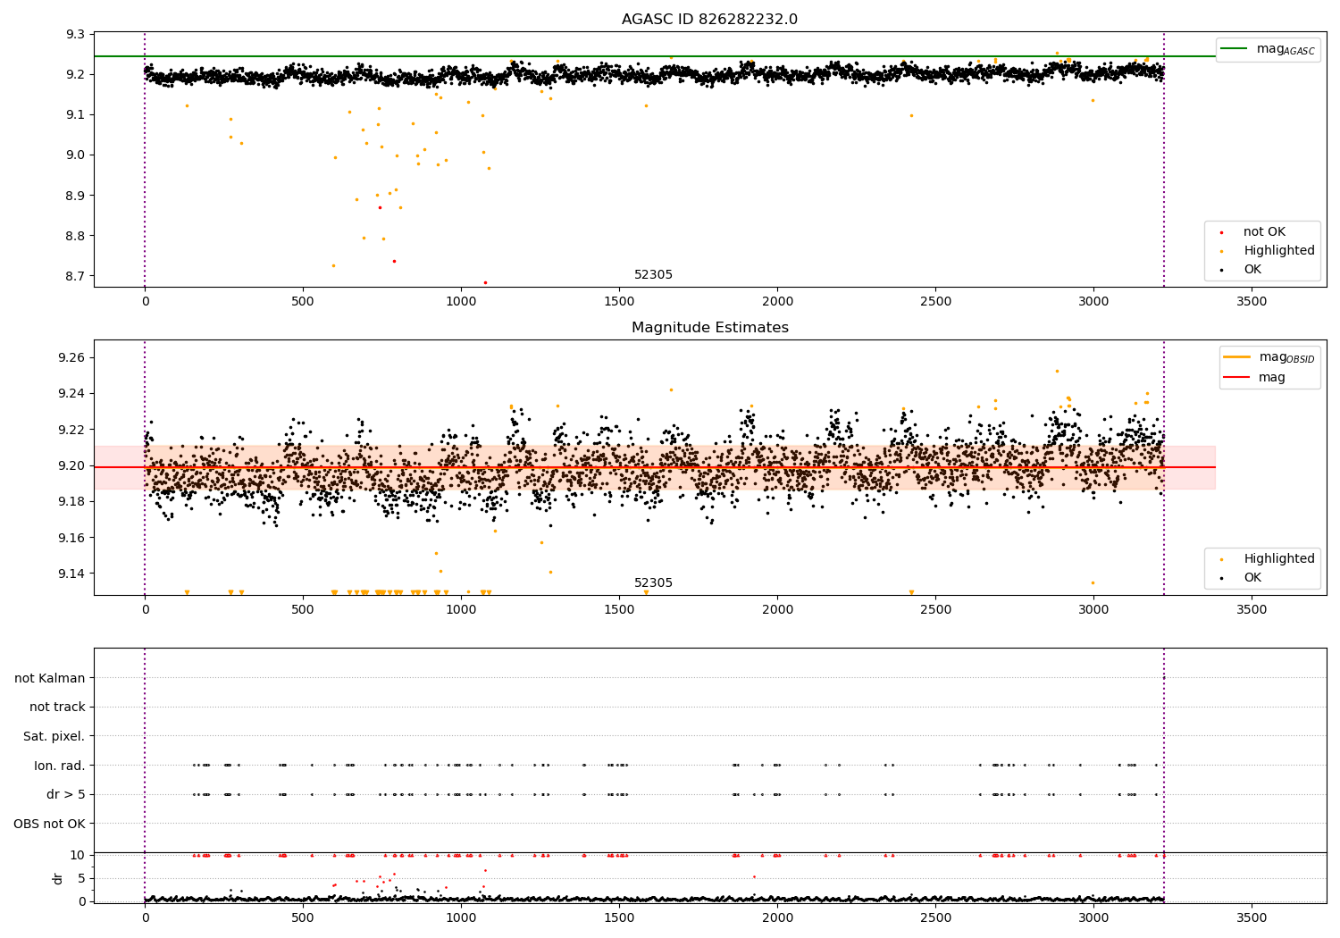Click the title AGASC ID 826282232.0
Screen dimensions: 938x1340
[x=709, y=20]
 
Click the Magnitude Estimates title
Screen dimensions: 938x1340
[x=709, y=328]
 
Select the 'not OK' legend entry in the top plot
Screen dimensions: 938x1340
[x=1263, y=232]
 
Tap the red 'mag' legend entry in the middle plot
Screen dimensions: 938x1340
[x=1271, y=377]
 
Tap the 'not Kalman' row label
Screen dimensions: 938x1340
[x=50, y=678]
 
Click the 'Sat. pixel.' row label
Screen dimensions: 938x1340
[x=54, y=736]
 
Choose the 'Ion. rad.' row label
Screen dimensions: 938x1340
[x=60, y=766]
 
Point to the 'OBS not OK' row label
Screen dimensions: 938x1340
[x=49, y=824]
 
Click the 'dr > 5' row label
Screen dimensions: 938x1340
[x=66, y=794]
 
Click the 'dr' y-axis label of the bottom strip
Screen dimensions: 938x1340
[x=58, y=878]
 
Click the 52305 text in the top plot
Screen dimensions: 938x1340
[x=653, y=275]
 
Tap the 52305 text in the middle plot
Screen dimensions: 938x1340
[x=653, y=583]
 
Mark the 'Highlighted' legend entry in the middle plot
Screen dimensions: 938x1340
[x=1278, y=558]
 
